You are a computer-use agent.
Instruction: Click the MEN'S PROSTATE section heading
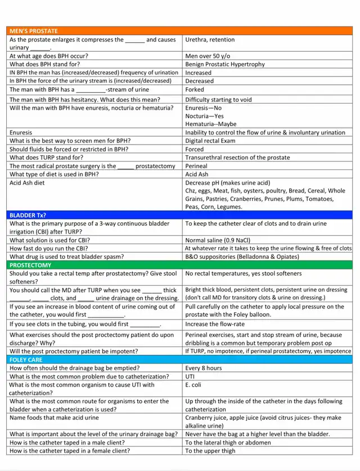pos(34,31)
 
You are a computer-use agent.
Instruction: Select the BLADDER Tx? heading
pos(28,215)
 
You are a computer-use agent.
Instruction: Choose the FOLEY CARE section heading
pos(26,359)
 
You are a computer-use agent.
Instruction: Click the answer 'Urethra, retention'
pos(210,40)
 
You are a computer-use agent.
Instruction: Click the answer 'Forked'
pos(195,89)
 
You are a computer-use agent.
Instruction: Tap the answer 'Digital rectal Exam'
pos(210,141)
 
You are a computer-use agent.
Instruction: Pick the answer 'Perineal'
pos(196,166)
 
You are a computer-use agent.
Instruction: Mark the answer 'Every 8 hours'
pos(204,368)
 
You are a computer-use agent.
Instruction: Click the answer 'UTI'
pos(190,376)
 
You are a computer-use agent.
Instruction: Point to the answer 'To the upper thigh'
pos(210,451)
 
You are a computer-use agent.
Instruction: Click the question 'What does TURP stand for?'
pos(46,158)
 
